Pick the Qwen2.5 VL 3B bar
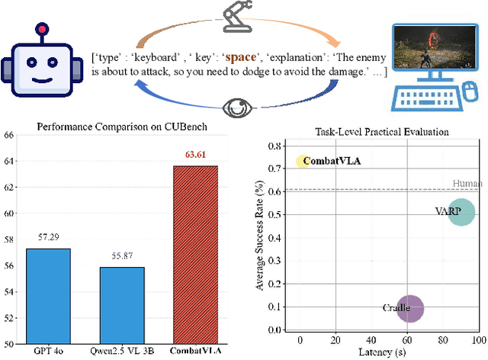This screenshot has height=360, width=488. (x=122, y=304)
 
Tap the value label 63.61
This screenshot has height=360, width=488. (x=195, y=155)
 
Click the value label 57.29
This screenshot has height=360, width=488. (x=48, y=238)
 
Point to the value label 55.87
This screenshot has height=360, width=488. (x=122, y=256)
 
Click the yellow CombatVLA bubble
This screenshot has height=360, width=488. (x=303, y=161)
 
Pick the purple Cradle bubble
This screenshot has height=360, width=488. (x=410, y=309)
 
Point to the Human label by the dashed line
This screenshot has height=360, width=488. (x=467, y=184)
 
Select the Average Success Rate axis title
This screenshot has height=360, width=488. (x=263, y=236)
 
